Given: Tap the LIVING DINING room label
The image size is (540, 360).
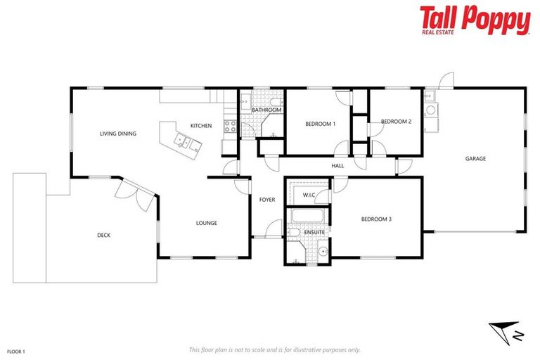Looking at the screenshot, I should (117, 134).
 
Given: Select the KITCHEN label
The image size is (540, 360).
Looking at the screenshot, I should (201, 126).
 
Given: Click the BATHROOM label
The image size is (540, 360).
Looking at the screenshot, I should (266, 110).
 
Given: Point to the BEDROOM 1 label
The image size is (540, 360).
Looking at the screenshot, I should (320, 124).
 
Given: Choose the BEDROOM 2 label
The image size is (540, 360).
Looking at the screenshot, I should (396, 122).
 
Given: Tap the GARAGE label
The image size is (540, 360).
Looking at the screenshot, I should (475, 159).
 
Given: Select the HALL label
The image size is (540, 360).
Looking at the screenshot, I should (337, 166).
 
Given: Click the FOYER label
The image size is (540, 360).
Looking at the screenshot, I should (267, 200).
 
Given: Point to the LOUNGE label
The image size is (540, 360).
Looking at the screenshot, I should (206, 224).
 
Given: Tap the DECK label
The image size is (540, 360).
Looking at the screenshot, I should (103, 236).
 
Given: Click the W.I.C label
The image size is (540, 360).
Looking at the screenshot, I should (308, 195).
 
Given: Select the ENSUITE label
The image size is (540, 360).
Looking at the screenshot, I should (314, 232).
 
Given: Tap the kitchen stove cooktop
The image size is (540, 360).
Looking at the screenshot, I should (229, 127).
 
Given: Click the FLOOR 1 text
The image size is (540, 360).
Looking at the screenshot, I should (16, 350).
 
